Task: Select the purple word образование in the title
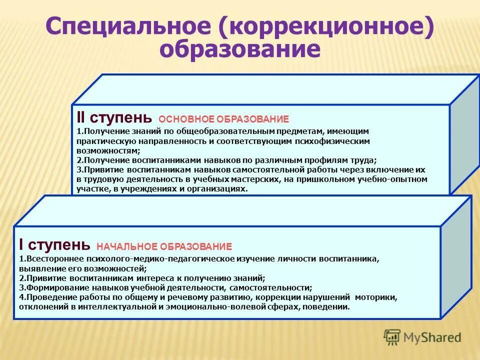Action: click(240, 50)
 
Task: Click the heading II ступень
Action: click(114, 118)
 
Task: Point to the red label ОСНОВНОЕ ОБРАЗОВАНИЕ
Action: click(223, 119)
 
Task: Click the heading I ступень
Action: click(54, 245)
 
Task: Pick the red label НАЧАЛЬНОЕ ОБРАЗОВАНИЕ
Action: click(164, 246)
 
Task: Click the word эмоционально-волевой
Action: click(220, 307)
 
